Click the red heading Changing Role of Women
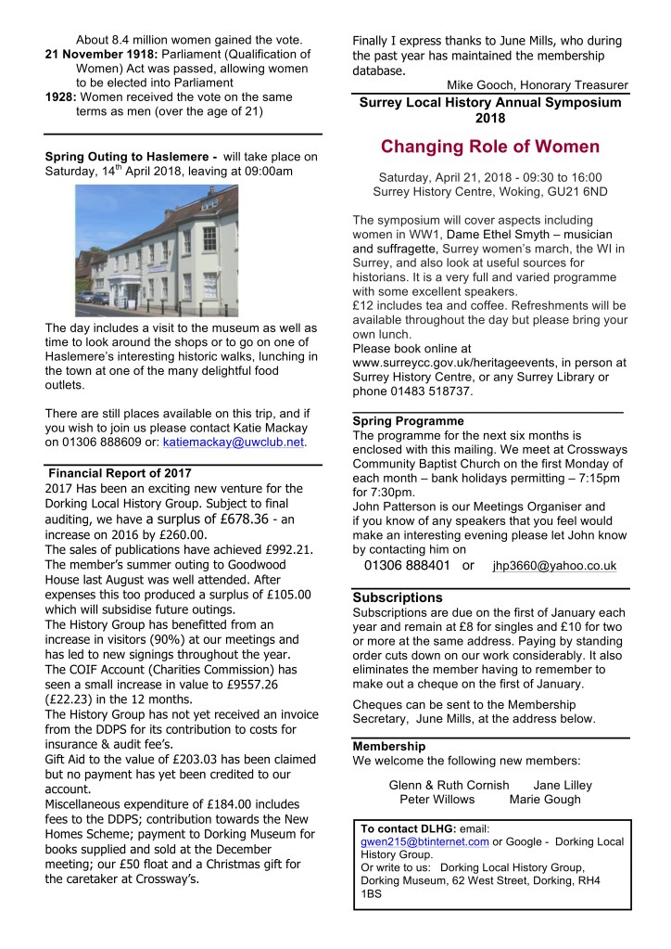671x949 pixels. (489, 147)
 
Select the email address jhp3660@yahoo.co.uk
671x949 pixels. (554, 565)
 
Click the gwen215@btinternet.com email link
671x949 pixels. (424, 841)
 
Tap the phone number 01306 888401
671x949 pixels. (407, 565)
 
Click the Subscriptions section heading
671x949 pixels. (398, 597)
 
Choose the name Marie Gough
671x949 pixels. (545, 799)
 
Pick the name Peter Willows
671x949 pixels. (437, 799)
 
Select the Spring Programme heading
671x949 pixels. (401, 421)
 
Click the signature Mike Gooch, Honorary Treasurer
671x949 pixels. (538, 85)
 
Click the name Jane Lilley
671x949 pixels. (563, 785)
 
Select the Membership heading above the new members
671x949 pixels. (389, 746)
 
